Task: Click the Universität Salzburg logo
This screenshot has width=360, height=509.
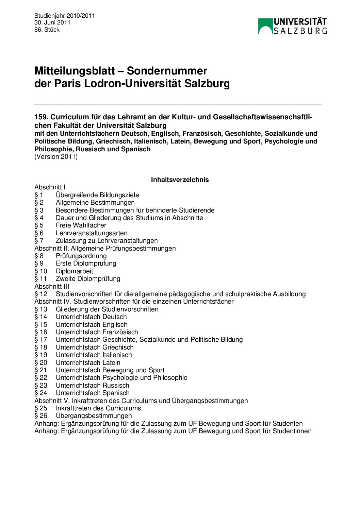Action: (292, 26)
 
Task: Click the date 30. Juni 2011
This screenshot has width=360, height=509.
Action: (52, 22)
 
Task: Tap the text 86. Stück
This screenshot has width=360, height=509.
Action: (47, 30)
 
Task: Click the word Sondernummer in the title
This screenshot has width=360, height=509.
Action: (167, 71)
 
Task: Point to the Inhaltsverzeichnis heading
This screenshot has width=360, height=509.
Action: (180, 180)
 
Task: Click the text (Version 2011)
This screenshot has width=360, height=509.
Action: (56, 157)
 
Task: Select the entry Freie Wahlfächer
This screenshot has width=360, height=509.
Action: (81, 225)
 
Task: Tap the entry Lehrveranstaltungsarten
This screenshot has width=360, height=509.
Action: (92, 233)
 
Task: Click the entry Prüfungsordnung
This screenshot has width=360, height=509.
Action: (81, 256)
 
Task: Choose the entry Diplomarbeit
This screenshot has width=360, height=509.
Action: (74, 271)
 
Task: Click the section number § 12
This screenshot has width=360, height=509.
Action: (40, 294)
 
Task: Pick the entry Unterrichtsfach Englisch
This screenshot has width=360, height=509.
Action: (92, 324)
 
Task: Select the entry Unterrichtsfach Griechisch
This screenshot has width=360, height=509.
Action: (95, 347)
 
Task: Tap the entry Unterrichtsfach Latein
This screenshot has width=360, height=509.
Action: (88, 362)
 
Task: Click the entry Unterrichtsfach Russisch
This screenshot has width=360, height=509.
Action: (92, 385)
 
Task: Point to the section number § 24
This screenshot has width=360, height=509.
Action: (40, 393)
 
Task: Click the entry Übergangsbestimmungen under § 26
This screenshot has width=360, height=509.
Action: (94, 415)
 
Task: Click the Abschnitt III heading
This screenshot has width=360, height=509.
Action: (52, 286)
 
